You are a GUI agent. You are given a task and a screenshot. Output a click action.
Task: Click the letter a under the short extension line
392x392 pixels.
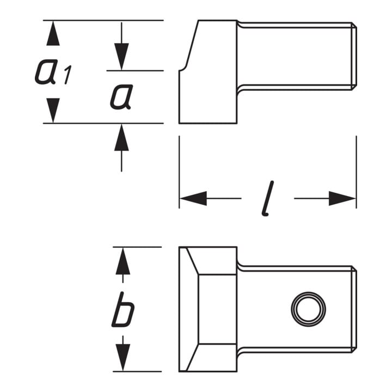coord(121,97)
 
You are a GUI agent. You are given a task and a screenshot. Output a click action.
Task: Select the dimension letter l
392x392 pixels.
coord(268,198)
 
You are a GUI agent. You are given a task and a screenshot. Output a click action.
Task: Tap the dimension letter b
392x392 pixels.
coord(123,309)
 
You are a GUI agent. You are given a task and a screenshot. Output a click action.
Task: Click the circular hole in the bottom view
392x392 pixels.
coord(309,309)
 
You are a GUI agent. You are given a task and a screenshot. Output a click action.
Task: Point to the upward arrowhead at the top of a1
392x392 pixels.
coord(53,33)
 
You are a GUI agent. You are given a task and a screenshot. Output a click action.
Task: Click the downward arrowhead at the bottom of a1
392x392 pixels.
coord(53,110)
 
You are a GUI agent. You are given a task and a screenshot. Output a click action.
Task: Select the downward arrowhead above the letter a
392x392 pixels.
coord(121,57)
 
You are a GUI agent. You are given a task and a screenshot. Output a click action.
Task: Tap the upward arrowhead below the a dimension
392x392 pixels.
coord(121,138)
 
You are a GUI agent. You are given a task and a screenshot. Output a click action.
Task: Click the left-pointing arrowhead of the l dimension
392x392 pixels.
coord(193,199)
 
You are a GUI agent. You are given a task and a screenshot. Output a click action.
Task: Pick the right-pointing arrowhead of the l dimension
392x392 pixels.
coord(342,199)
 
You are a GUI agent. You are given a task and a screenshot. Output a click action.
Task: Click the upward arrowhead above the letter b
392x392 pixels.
coord(122,261)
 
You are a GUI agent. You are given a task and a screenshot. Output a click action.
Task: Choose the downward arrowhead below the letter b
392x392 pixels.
coord(122,358)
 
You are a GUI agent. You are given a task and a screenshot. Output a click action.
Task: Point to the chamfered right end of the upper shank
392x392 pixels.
coord(354,56)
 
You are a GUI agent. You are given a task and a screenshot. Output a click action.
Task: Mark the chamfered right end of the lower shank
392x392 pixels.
coord(354,309)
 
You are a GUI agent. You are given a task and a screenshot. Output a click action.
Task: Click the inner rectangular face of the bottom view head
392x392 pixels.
coord(217,309)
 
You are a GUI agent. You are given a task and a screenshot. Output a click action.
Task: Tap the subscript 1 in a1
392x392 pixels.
coord(68,75)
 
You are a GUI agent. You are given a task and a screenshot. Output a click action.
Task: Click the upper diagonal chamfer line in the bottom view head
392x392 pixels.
coord(192,261)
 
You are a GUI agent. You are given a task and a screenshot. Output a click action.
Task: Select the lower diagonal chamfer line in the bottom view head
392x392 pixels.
coord(192,358)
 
